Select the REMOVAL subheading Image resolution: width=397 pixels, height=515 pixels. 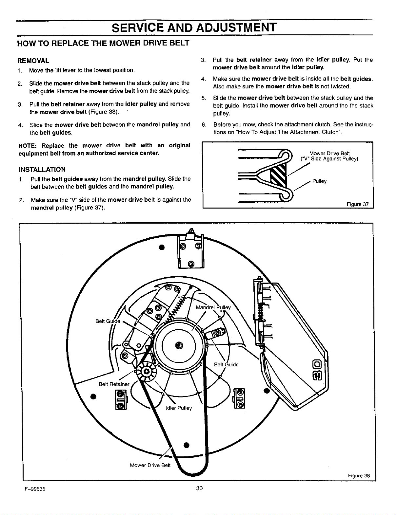33,61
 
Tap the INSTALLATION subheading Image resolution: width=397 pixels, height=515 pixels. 42,170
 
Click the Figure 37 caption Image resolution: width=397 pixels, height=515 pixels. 358,204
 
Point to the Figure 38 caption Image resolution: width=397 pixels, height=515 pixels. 359,475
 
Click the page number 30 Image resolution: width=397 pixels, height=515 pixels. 199,488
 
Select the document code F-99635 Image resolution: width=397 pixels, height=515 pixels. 35,489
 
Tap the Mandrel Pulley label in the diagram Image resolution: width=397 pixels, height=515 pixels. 213,307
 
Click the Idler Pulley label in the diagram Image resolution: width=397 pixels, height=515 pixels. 179,408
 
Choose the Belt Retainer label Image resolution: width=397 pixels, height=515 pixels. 114,384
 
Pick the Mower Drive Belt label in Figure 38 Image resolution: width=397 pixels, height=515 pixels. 150,465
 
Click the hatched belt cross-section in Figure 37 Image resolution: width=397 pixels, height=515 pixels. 278,175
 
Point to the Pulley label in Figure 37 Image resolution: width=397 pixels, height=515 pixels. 319,181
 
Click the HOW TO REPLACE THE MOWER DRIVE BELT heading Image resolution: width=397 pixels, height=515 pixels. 103,43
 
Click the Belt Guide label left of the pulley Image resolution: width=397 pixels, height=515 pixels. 108,321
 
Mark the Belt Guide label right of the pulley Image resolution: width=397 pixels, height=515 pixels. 226,364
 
